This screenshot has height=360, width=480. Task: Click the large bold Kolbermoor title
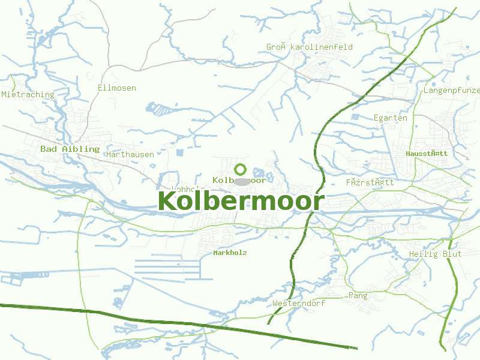click(241, 202)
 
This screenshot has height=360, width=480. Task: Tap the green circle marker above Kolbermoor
click(241, 169)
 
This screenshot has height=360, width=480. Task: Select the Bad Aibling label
click(70, 149)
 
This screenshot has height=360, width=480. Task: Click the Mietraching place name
click(28, 94)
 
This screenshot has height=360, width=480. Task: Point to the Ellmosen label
click(117, 88)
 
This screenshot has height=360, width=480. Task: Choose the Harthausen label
click(130, 154)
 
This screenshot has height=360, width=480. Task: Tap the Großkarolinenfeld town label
click(310, 47)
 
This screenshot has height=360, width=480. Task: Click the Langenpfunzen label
click(452, 91)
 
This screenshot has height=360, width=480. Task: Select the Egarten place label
click(390, 118)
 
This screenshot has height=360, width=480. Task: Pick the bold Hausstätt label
click(427, 154)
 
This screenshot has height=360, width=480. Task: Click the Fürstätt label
click(370, 182)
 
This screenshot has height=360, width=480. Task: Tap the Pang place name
click(358, 296)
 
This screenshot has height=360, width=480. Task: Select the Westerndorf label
click(299, 304)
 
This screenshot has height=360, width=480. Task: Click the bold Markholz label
click(230, 253)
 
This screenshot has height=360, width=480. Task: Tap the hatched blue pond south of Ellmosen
click(159, 109)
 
